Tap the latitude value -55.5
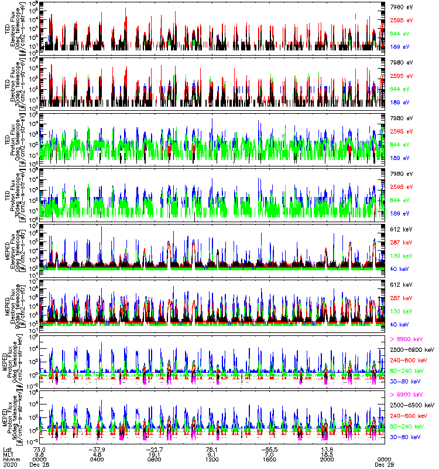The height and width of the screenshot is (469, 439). click(x=269, y=448)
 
